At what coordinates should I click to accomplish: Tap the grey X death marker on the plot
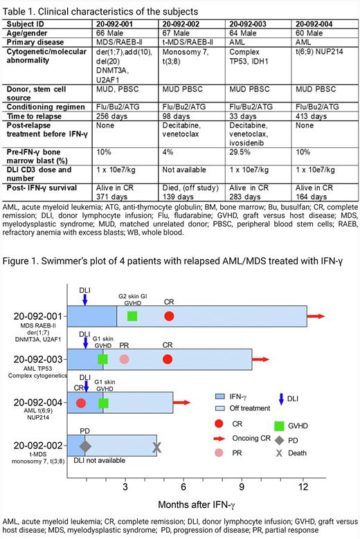[x=157, y=448]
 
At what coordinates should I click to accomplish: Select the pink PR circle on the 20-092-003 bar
[x=124, y=359]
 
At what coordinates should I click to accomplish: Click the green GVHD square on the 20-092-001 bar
[x=132, y=316]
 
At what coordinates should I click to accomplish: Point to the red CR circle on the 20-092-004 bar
[x=81, y=403]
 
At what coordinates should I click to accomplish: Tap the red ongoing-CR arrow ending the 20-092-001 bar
[x=316, y=316]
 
